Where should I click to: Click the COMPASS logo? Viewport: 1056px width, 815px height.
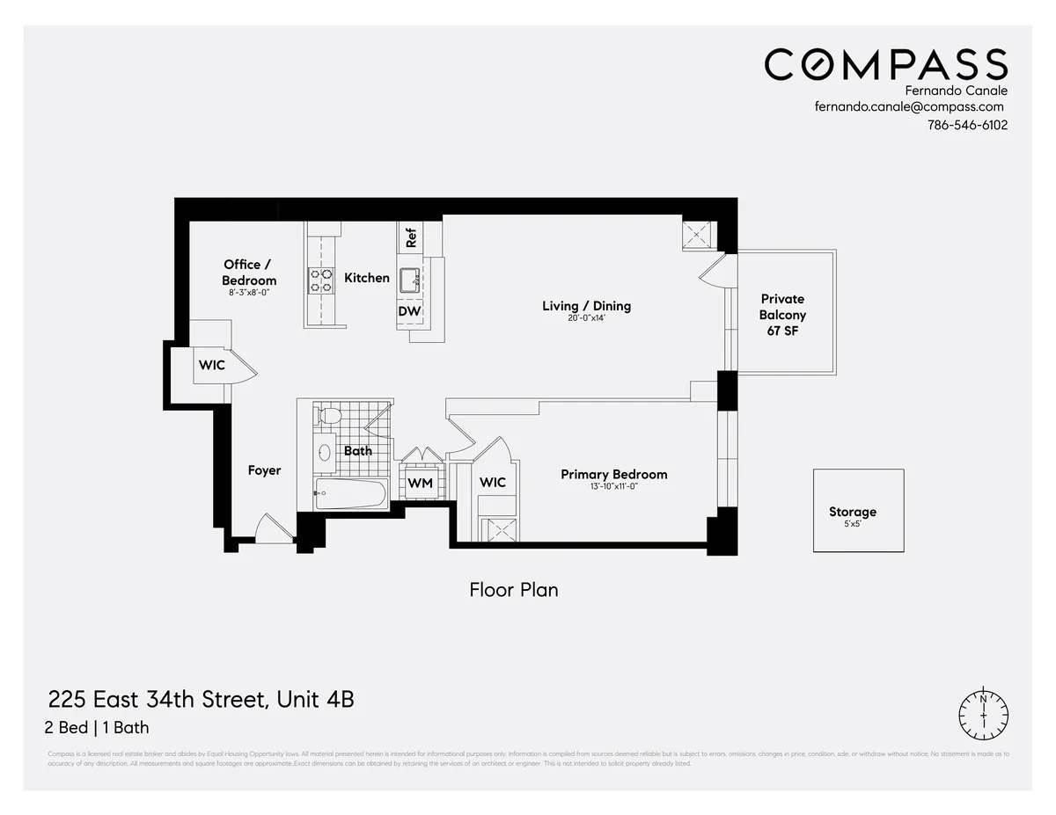coord(885,65)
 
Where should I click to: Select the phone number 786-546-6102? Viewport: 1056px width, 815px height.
coord(966,125)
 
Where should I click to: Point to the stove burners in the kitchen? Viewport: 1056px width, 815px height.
coord(320,280)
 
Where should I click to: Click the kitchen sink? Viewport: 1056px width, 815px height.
coord(409,280)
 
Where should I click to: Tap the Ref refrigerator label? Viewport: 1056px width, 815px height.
coord(411,236)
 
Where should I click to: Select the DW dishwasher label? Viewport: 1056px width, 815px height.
coord(409,311)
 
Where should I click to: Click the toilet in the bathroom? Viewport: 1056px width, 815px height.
coord(330,415)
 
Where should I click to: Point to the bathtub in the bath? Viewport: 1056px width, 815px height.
coord(350,493)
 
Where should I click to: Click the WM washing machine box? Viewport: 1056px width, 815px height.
coord(420,483)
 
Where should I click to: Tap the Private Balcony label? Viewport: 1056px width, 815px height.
coord(782,315)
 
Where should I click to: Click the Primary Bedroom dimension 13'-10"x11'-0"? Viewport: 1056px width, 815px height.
coord(613,486)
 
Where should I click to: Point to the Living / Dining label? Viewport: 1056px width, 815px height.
coord(586,306)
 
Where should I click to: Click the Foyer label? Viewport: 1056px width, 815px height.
coord(264,470)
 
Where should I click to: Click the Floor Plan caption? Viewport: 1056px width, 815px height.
coord(514,590)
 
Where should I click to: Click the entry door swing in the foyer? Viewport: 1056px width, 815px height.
coord(271,531)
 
